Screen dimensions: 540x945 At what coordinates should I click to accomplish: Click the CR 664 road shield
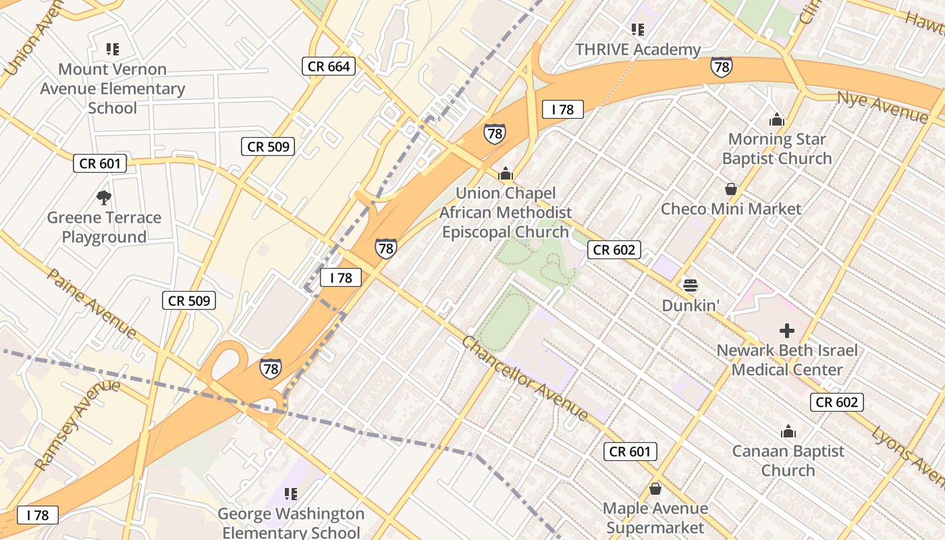pos(329,65)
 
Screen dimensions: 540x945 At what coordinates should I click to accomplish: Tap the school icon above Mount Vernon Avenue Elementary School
pos(112,49)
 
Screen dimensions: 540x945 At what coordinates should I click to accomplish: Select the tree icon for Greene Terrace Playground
pos(103,198)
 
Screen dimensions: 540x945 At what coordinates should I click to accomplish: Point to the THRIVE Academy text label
pos(638,50)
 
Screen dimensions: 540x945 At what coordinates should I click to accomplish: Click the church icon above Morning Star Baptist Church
pos(777,120)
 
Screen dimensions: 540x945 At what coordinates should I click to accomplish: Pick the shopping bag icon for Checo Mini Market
pos(730,189)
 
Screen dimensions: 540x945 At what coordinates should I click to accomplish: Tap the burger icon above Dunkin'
pos(690,286)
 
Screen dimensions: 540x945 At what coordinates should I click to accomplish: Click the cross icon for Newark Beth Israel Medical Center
pos(786,331)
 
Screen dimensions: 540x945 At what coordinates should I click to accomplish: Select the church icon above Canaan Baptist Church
pos(788,432)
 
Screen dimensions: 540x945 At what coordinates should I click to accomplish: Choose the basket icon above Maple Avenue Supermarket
pos(655,489)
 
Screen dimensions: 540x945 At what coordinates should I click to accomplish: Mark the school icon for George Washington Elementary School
pos(291,494)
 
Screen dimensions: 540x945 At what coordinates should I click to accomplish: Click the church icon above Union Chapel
pos(506,174)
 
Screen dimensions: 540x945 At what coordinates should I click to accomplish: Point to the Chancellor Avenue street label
pos(525,378)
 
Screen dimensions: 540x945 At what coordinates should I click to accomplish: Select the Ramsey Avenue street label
pos(76,425)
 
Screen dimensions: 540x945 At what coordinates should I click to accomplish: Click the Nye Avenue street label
pos(882,107)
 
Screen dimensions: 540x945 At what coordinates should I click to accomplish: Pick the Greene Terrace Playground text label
pos(104,227)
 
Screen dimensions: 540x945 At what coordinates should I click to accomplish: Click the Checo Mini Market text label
pos(731,209)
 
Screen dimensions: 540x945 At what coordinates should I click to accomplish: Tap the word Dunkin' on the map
pos(690,305)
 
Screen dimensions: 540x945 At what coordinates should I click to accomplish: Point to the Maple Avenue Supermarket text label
pos(655,518)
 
